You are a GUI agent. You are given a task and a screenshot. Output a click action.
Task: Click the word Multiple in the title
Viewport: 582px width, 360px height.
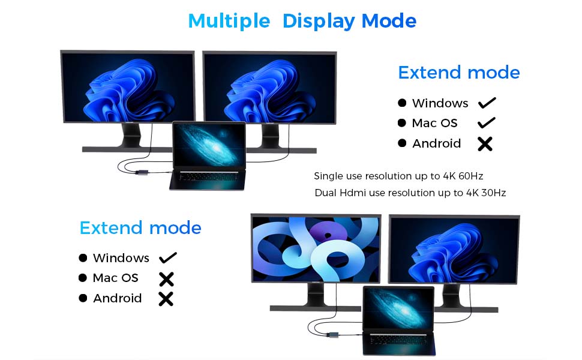click(229, 21)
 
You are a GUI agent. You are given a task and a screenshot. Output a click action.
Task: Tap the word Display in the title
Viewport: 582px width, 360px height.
click(319, 21)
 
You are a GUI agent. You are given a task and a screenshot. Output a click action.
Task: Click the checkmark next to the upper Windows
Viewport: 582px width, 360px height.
click(487, 103)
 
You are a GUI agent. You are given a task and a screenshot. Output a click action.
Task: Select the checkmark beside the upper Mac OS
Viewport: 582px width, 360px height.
click(487, 123)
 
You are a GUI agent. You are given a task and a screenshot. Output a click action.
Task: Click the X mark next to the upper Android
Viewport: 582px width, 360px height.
click(485, 143)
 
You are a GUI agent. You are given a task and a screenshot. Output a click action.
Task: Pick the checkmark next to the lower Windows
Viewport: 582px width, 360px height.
click(168, 258)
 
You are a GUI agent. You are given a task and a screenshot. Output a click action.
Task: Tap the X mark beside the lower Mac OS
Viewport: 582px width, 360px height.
click(166, 278)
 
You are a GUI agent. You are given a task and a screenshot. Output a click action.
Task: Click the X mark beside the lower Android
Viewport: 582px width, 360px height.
click(166, 298)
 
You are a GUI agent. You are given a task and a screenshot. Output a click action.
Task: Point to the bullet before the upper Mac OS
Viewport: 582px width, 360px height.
click(402, 123)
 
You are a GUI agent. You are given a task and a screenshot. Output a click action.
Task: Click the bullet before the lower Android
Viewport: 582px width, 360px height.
click(83, 298)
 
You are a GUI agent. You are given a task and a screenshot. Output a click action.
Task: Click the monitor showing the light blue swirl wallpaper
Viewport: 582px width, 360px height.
click(316, 248)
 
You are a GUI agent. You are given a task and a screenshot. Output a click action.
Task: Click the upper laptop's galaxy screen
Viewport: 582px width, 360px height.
click(209, 146)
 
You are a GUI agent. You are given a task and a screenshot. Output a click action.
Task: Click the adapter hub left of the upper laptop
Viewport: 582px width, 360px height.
click(142, 173)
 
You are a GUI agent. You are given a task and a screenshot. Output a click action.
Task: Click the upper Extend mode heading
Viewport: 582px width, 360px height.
click(459, 73)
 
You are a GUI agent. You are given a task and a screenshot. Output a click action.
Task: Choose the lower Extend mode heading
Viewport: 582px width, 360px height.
click(140, 228)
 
